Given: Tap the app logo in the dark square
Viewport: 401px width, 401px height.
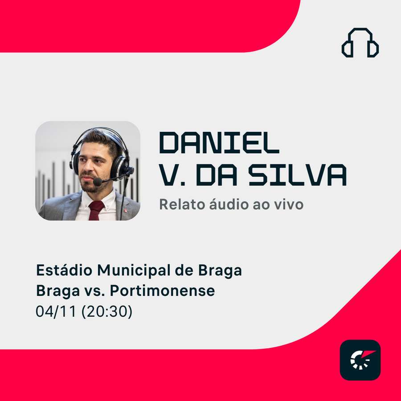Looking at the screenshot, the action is coord(360,360).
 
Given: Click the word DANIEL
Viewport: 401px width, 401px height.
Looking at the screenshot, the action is coord(219,143).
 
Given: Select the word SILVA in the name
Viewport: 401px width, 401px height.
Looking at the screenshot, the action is coord(298,175).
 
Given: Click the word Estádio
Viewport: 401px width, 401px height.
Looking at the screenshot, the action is coord(64,270).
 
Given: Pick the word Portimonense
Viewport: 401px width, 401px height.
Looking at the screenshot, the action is coord(162,291).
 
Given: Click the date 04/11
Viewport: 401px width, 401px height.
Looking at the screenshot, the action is coord(56,311).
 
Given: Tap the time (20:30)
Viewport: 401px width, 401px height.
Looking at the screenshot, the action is coord(107,311).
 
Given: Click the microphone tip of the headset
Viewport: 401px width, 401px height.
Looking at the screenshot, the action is coord(98,182).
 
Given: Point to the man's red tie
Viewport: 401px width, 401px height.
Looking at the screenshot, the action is coord(96,210).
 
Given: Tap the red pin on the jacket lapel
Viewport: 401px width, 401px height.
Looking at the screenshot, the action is coord(125,211).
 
